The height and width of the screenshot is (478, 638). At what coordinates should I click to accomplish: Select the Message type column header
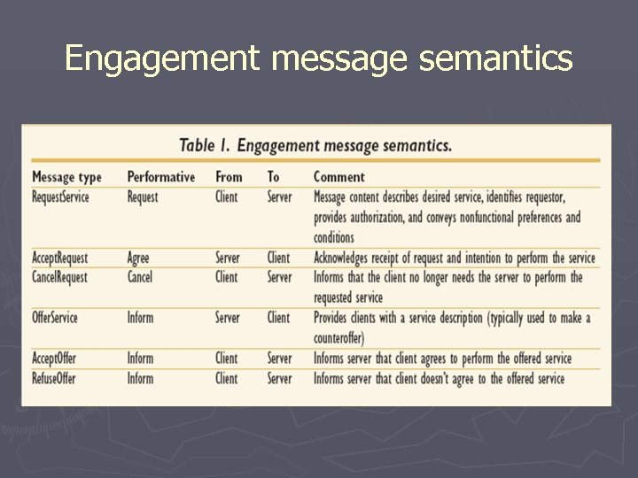click(66, 177)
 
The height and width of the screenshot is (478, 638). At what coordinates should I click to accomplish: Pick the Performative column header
click(160, 177)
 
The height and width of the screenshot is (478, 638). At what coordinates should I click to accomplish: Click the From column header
click(229, 177)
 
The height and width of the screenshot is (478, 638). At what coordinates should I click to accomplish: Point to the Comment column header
click(338, 177)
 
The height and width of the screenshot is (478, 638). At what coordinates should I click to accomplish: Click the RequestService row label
click(60, 197)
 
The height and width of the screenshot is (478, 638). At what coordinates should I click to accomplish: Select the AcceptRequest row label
click(59, 258)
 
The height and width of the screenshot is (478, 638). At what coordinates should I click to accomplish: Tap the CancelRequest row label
click(59, 277)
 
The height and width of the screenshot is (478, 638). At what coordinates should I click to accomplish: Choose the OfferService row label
click(55, 318)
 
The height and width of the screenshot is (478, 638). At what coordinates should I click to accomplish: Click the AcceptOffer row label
click(54, 358)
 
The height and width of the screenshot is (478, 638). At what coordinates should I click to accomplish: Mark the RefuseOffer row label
click(53, 378)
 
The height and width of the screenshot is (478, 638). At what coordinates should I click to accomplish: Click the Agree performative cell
click(138, 258)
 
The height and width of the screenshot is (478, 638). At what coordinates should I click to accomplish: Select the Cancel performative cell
click(140, 277)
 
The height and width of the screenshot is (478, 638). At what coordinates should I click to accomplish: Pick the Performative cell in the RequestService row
click(143, 197)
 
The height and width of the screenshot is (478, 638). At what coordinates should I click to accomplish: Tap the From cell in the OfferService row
click(228, 318)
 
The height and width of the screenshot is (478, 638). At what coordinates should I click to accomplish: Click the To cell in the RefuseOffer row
click(279, 378)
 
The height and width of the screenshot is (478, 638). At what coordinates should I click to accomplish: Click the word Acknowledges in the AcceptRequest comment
click(355, 258)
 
